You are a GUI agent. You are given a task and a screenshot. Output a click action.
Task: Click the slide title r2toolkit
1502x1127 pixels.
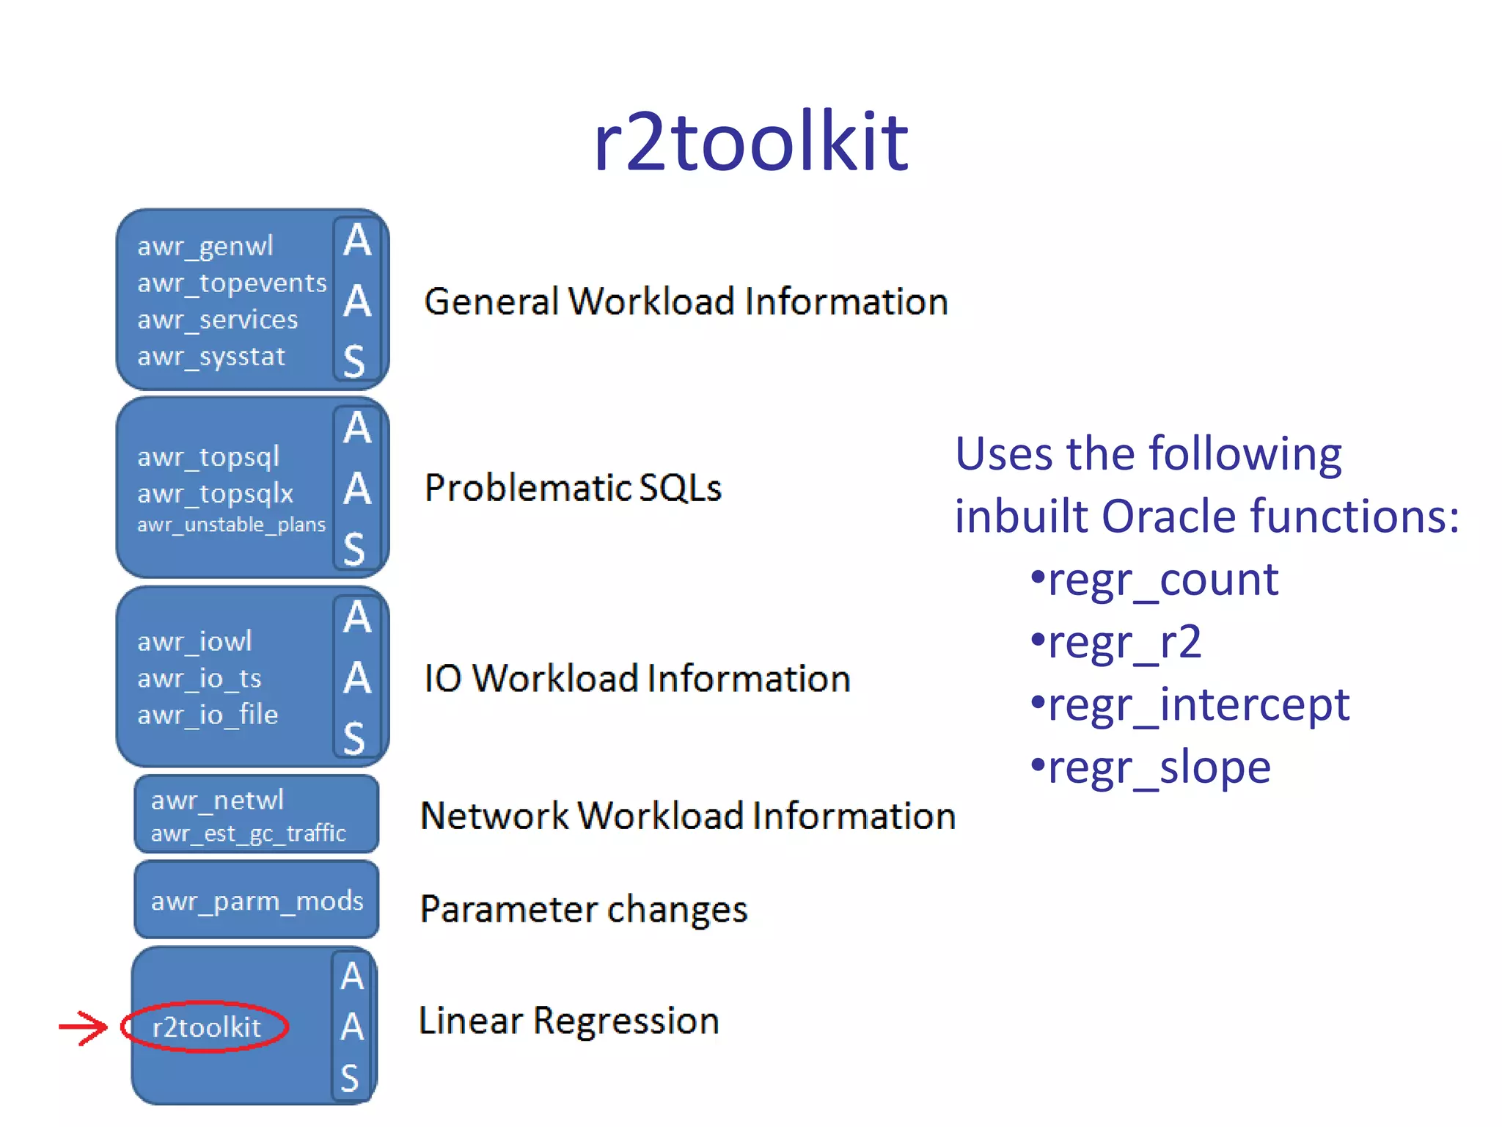tap(750, 142)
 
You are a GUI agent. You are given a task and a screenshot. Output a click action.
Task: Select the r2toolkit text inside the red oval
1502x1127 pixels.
tap(206, 1027)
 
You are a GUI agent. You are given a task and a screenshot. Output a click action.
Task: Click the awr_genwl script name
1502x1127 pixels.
tap(205, 247)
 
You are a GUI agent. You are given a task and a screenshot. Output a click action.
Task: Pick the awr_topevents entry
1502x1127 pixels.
tap(232, 283)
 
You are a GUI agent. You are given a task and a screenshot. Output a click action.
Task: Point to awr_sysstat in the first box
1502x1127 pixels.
tap(211, 357)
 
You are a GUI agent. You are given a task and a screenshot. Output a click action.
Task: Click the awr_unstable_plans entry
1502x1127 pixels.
tap(231, 525)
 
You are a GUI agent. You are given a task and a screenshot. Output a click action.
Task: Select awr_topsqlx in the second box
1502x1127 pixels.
tap(216, 494)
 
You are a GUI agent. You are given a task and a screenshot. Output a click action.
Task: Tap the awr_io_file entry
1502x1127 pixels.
tap(208, 715)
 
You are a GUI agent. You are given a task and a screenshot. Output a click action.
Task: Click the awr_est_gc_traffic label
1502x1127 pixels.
tap(248, 834)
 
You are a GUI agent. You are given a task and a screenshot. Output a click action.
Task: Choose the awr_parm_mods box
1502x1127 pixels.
tap(257, 900)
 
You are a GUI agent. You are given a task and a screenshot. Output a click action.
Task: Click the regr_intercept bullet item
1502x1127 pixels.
tap(1190, 705)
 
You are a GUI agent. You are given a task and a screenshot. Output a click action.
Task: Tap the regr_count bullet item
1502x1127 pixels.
tap(1155, 580)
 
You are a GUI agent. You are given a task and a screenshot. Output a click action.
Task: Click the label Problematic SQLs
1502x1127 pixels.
tap(573, 488)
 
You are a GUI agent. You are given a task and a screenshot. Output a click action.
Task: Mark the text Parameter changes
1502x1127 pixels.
tap(584, 910)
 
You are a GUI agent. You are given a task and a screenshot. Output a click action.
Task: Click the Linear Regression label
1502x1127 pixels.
tap(569, 1021)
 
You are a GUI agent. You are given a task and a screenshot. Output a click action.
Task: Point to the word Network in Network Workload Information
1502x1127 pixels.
tap(494, 816)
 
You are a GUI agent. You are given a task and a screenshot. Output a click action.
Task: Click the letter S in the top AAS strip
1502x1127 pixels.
tap(355, 361)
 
